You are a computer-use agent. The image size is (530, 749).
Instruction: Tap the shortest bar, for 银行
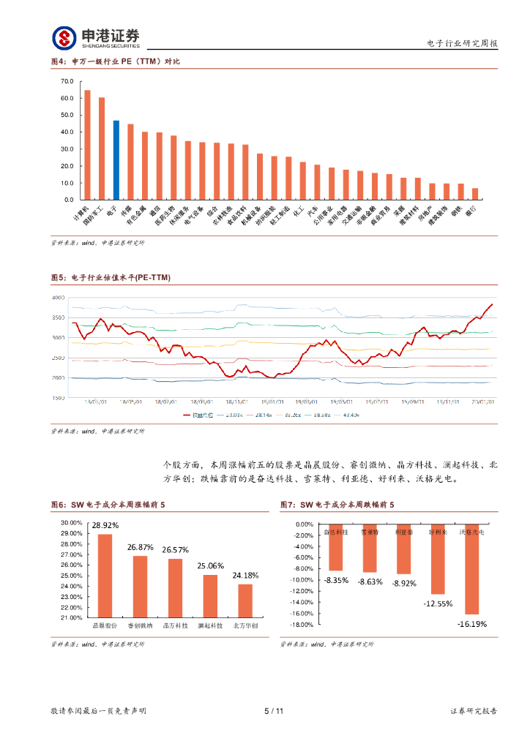475,194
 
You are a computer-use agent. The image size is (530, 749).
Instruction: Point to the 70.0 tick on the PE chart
67,81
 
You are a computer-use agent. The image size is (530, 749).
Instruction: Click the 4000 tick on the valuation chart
58,298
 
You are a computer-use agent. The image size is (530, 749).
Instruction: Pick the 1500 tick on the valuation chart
58,398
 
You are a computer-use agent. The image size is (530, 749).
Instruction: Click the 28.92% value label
105,525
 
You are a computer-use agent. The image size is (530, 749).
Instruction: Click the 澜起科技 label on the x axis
210,626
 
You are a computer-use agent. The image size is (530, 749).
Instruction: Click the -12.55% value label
438,603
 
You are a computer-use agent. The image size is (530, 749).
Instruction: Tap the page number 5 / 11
273,710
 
